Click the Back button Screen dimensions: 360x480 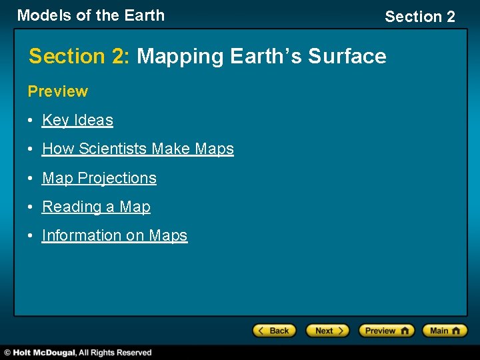click(x=273, y=331)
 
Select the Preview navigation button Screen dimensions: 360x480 click(x=386, y=331)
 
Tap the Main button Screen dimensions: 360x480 click(x=444, y=331)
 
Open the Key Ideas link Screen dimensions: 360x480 click(x=77, y=120)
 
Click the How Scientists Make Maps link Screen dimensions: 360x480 click(x=137, y=149)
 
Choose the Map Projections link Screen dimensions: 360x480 click(x=99, y=178)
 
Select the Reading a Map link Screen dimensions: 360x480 click(x=96, y=207)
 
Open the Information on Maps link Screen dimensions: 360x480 click(x=114, y=235)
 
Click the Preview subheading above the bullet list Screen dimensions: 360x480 click(x=57, y=91)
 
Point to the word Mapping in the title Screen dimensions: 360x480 click(x=181, y=57)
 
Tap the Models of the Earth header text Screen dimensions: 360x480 click(x=91, y=15)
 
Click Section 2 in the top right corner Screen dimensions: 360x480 click(x=419, y=17)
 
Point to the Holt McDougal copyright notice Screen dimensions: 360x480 click(x=78, y=353)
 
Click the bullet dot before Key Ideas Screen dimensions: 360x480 click(x=31, y=121)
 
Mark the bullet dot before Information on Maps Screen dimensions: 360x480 click(x=31, y=236)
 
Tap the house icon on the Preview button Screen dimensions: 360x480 click(x=404, y=331)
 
